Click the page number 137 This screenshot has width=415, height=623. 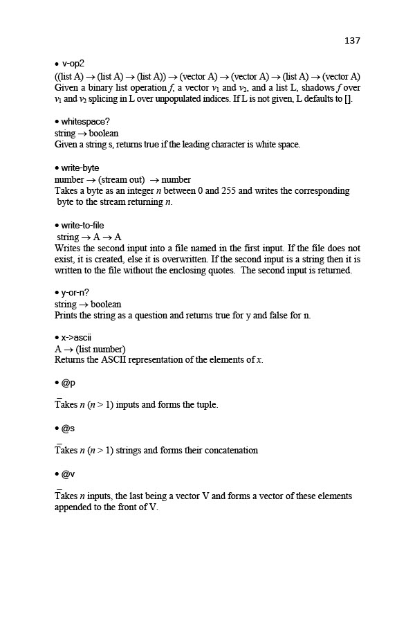click(352, 41)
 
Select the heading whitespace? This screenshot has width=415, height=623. click(86, 121)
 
